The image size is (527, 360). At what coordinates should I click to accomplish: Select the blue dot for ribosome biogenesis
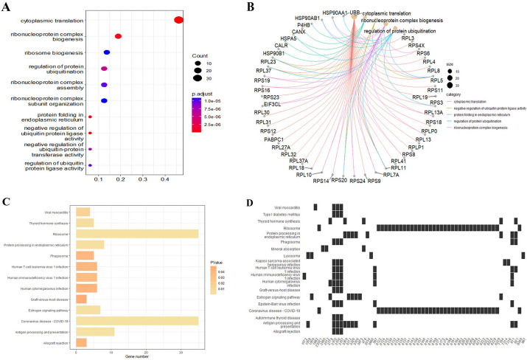pos(107,52)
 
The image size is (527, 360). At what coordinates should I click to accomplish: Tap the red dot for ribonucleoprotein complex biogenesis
pos(118,36)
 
